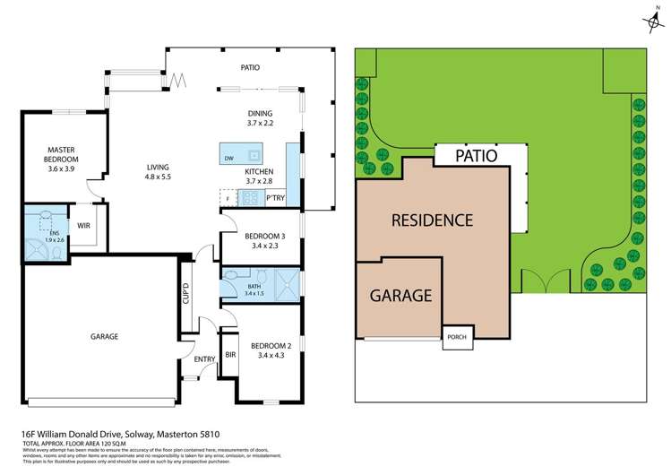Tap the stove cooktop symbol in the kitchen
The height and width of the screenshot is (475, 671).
[252, 199]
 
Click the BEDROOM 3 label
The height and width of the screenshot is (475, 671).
[264, 242]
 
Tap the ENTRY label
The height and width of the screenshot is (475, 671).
[204, 359]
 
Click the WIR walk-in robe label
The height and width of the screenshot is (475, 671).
[83, 225]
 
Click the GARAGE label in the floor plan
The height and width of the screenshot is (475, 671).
[104, 336]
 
